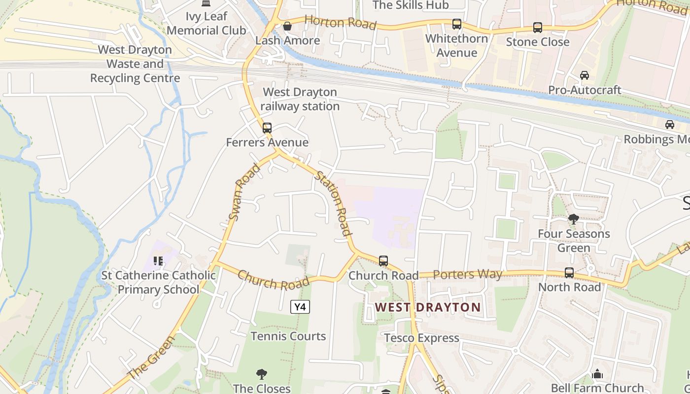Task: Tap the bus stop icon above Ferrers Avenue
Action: pos(267,128)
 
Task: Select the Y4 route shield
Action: pos(300,307)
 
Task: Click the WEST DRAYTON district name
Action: pos(427,307)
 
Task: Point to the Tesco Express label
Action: pos(421,338)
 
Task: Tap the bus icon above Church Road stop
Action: pos(383,261)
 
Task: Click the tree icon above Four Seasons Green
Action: pos(573,219)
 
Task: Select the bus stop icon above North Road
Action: pos(569,272)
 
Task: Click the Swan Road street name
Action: pos(244,192)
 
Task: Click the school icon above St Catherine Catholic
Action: pos(158,261)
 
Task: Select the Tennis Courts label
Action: pos(288,336)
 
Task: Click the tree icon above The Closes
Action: pos(262,375)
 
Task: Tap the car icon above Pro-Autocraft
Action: pos(585,75)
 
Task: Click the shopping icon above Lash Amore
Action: pos(287,26)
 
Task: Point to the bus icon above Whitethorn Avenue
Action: pos(457,24)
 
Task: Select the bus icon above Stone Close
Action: pos(538,28)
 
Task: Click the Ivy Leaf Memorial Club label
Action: pos(206,23)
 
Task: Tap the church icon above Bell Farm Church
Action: pos(597,374)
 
